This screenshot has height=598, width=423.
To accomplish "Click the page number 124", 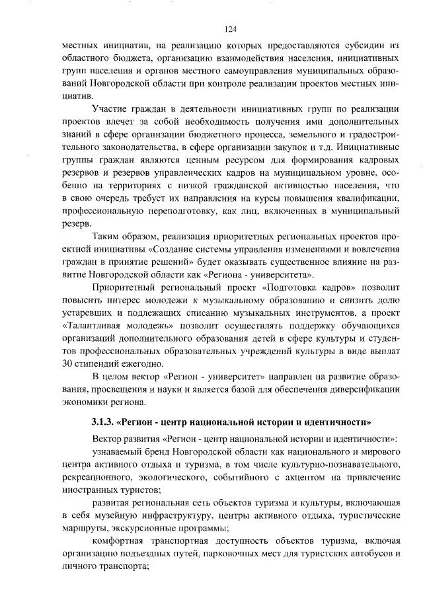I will (230, 29).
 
